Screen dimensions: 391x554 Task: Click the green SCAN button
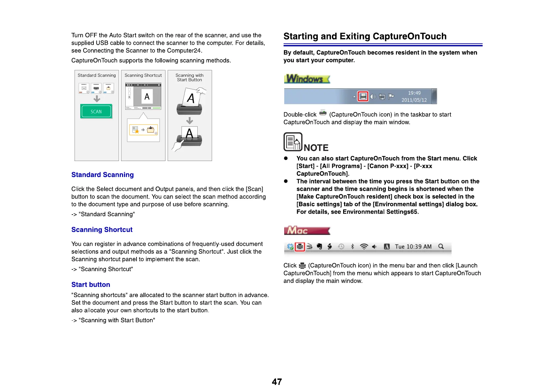(96, 111)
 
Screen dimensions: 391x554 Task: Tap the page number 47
(277, 381)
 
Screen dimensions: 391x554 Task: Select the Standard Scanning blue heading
(102, 175)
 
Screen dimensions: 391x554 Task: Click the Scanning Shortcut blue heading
(102, 230)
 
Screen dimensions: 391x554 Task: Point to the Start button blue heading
(90, 285)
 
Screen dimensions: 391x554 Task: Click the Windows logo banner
(307, 79)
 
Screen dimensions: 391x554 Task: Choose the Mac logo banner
(307, 230)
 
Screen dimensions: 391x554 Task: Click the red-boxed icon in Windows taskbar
(363, 97)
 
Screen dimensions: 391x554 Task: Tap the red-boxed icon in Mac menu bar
(300, 247)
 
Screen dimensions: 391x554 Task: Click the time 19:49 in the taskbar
(414, 93)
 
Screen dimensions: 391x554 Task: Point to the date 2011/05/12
(414, 100)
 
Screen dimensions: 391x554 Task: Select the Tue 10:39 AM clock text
(413, 247)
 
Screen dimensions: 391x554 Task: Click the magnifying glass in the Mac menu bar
(441, 246)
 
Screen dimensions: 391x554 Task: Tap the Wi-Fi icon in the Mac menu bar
(364, 246)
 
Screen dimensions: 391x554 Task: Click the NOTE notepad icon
(293, 142)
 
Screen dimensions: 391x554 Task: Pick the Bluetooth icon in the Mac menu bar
(352, 246)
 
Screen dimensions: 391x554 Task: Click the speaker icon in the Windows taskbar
(373, 97)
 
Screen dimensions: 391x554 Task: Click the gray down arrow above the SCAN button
(97, 99)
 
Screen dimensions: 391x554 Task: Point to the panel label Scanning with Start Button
(189, 78)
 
